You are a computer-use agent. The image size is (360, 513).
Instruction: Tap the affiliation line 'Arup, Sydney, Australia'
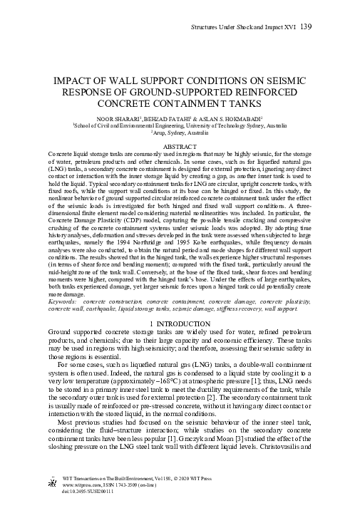tap(180, 133)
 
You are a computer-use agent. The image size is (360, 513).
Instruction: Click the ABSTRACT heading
tap(180, 146)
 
